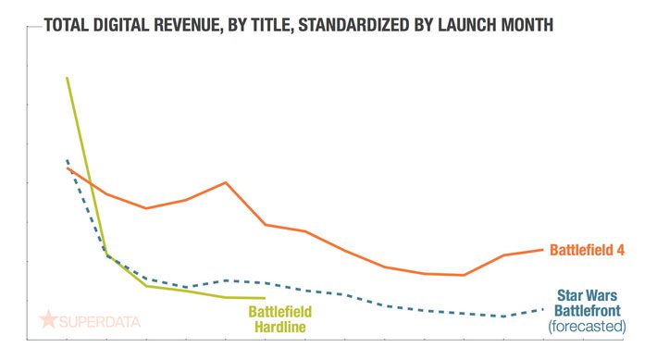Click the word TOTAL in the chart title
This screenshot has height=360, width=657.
(x=57, y=25)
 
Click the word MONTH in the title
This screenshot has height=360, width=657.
(x=529, y=25)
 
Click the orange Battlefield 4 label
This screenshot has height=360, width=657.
(x=588, y=249)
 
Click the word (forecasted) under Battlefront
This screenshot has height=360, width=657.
(x=587, y=327)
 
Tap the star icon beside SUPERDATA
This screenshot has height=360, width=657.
(x=48, y=320)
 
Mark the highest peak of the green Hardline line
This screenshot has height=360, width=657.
(x=67, y=78)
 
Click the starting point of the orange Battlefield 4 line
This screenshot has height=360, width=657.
(x=67, y=168)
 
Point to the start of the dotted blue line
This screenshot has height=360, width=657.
(x=67, y=160)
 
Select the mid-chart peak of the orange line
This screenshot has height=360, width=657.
(x=226, y=182)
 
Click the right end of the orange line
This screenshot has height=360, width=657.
(x=542, y=248)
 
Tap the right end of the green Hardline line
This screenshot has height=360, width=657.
(x=266, y=298)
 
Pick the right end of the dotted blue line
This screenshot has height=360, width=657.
(x=542, y=308)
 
